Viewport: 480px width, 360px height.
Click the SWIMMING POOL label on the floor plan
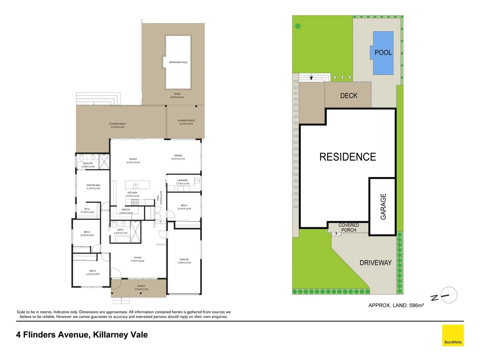tap(178, 62)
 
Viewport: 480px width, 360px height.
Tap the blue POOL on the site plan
tap(383, 53)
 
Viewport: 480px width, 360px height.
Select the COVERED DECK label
tap(117, 124)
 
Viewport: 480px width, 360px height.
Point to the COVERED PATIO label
tap(186, 121)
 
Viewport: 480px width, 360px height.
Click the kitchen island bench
tap(137, 185)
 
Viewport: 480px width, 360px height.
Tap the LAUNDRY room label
tap(182, 180)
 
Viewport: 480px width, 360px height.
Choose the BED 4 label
tap(184, 205)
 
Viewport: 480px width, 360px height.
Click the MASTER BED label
tap(93, 185)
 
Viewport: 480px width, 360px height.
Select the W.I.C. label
tap(87, 209)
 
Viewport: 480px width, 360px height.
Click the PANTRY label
tap(126, 210)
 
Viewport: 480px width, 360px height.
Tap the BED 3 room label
tap(93, 271)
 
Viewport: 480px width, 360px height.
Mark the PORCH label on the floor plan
tap(141, 286)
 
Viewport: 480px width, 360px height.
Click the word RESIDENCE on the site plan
tap(347, 157)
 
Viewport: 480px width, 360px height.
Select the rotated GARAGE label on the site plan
tap(383, 207)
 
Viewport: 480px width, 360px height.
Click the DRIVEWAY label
tap(375, 263)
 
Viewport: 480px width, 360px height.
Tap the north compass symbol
tap(449, 295)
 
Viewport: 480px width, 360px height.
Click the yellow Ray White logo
tap(453, 335)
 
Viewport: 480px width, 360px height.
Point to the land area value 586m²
tap(416, 305)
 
